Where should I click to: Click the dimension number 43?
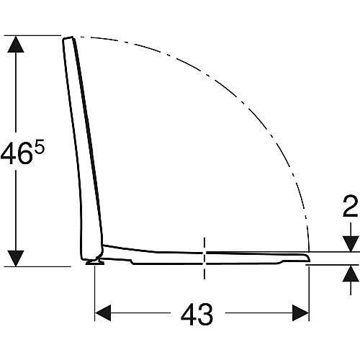coord(197,314)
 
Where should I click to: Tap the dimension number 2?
coord(350,206)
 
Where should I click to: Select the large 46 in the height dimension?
coord(17,153)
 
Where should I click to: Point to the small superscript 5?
coord(40,148)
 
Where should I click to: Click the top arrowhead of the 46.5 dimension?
coord(16,44)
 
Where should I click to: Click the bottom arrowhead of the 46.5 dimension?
coord(16,258)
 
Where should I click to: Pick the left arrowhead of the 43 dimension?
coord(103,312)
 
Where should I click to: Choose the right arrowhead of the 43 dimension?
coord(300,312)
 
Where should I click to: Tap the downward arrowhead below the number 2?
coord(351,244)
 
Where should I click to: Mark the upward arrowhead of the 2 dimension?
coord(351,273)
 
